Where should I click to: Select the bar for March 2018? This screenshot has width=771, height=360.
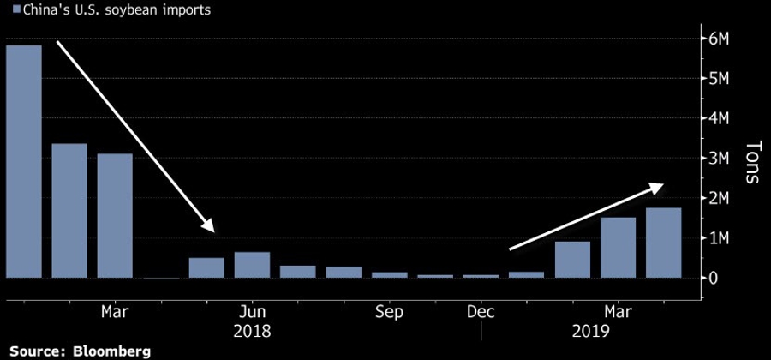coord(115,216)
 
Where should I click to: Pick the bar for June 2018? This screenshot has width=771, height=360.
coord(252,265)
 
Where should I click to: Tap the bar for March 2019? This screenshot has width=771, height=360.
coord(618,248)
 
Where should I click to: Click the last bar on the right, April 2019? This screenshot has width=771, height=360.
coord(664,243)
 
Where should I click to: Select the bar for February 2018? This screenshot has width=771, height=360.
coord(69,211)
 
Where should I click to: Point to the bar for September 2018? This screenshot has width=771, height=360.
coord(389,275)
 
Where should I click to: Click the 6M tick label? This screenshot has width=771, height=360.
coord(718,39)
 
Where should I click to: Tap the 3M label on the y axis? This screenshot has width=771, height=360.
coord(718,159)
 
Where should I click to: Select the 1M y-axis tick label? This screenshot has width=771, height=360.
coord(718,238)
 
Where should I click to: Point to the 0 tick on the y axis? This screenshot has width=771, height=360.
coord(714,278)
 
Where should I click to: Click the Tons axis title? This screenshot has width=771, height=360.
coord(751,163)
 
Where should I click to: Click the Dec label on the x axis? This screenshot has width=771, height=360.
coord(481,311)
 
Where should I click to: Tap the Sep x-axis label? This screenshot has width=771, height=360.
coord(389,311)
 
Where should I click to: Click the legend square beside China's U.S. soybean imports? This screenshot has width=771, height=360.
coord(8,10)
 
